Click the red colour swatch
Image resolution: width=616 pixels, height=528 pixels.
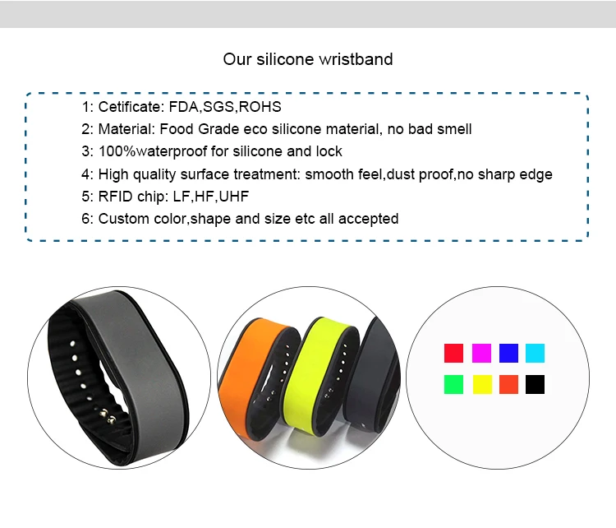(x=453, y=353)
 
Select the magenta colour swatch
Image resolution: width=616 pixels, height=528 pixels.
(x=481, y=353)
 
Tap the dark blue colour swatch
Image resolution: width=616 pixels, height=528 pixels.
(x=508, y=353)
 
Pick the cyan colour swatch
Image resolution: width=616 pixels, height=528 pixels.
(x=535, y=353)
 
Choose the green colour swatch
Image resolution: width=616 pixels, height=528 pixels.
(x=453, y=384)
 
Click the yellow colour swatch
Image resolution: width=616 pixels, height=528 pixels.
(x=482, y=384)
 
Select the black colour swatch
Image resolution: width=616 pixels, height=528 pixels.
(x=535, y=384)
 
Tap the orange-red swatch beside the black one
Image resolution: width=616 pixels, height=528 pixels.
(x=508, y=384)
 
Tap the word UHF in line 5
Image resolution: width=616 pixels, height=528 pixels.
(x=234, y=197)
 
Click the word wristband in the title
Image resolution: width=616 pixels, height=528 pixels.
(x=356, y=59)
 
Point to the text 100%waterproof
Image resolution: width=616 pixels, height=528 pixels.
(x=153, y=151)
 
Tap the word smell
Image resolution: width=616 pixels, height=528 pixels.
(x=454, y=129)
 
